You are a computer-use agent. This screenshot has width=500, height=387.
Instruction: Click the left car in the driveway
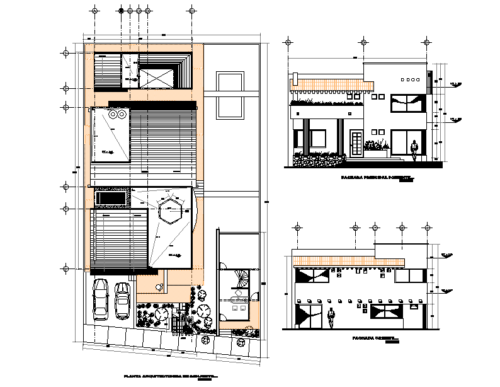pos(101,299)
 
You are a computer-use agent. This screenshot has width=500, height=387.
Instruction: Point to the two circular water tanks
pos(116,115)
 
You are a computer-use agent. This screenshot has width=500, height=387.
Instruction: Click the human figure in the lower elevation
pos(331,318)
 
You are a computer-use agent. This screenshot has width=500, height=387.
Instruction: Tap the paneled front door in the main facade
pos(356,144)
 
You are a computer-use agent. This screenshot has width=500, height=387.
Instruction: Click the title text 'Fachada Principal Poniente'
pos(375,178)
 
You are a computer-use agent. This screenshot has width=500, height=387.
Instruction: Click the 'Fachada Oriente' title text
pos(370,338)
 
